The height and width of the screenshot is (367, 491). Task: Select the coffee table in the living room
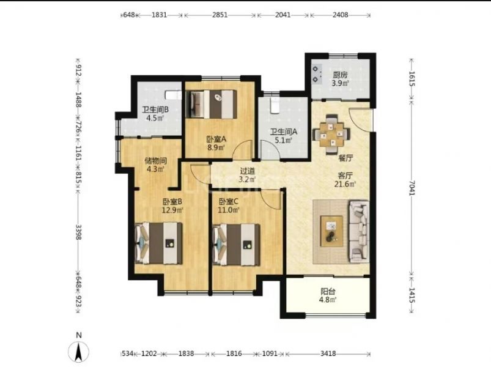(331, 231)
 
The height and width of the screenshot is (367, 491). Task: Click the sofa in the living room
(359, 231)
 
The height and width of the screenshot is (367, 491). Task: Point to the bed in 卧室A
(211, 104)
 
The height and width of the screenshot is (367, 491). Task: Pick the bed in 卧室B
(158, 243)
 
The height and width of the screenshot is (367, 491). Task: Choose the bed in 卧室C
(236, 245)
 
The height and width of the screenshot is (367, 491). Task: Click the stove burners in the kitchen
(316, 74)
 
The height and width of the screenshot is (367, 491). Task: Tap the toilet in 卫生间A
(275, 105)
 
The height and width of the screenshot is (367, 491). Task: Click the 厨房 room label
(341, 75)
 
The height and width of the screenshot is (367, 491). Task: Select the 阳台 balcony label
(328, 292)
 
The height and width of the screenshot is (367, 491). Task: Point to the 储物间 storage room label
(155, 161)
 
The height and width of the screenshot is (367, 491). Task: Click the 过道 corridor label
(248, 171)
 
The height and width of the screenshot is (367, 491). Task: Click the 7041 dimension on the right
(412, 188)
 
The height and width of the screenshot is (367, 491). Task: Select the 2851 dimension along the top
(220, 15)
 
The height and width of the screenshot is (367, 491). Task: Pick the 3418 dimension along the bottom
(328, 354)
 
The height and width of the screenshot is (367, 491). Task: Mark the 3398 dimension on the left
(79, 232)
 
